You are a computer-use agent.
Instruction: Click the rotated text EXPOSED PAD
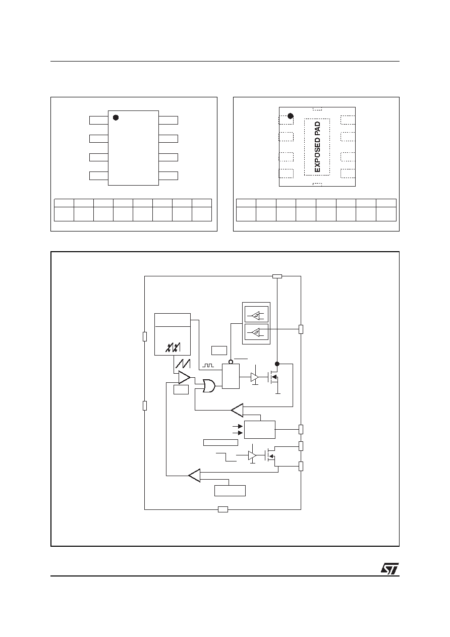[317, 147]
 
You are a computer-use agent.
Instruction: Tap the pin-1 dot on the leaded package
[116, 118]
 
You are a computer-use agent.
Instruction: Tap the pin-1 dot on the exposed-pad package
[291, 116]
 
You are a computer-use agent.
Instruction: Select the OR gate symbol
[209, 386]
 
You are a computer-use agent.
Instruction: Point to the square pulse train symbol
[208, 365]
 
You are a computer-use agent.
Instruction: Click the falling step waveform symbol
[226, 457]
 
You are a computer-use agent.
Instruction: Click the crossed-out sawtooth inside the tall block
[173, 348]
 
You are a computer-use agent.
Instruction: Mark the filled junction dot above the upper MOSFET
[277, 364]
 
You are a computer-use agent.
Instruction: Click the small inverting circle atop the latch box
[231, 362]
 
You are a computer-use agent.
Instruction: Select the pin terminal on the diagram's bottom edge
[222, 509]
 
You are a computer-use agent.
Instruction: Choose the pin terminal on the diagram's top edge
[277, 276]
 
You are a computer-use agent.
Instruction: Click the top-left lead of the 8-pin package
[99, 121]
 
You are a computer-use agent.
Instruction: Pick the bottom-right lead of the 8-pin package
[168, 176]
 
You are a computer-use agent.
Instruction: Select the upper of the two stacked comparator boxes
[256, 314]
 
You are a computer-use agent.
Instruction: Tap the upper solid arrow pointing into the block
[238, 426]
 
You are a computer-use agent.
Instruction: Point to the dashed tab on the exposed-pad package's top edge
[317, 108]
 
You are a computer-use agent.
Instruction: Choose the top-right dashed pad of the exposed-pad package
[348, 120]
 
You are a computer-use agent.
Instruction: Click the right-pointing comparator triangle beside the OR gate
[184, 377]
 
